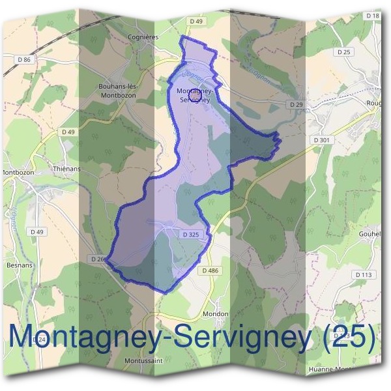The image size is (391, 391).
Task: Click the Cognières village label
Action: pyautogui.click(x=143, y=37)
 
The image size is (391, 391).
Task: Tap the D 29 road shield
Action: pyautogui.click(x=296, y=104)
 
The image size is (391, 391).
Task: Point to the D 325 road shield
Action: pyautogui.click(x=190, y=234)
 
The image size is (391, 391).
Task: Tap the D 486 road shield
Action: pyautogui.click(x=210, y=270)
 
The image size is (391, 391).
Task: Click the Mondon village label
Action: pyautogui.click(x=215, y=314)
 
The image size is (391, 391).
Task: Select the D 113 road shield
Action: pyautogui.click(x=364, y=275)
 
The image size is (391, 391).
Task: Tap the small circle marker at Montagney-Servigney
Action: pyautogui.click(x=193, y=95)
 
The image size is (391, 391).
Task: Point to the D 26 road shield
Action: pyautogui.click(x=99, y=259)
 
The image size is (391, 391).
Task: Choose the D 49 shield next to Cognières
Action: pyautogui.click(x=196, y=22)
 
